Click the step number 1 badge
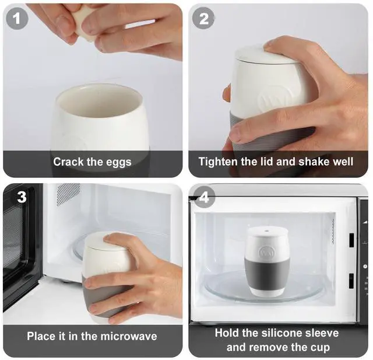tap(17, 18)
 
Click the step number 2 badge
tap(203, 18)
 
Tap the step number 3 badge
tap(22, 197)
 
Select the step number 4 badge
tap(204, 197)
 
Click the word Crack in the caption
tap(68, 162)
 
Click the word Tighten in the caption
tap(219, 162)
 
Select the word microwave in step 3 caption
tap(129, 336)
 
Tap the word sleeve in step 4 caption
tap(321, 333)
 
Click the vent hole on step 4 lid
tap(266, 230)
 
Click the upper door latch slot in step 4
tap(351, 240)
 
